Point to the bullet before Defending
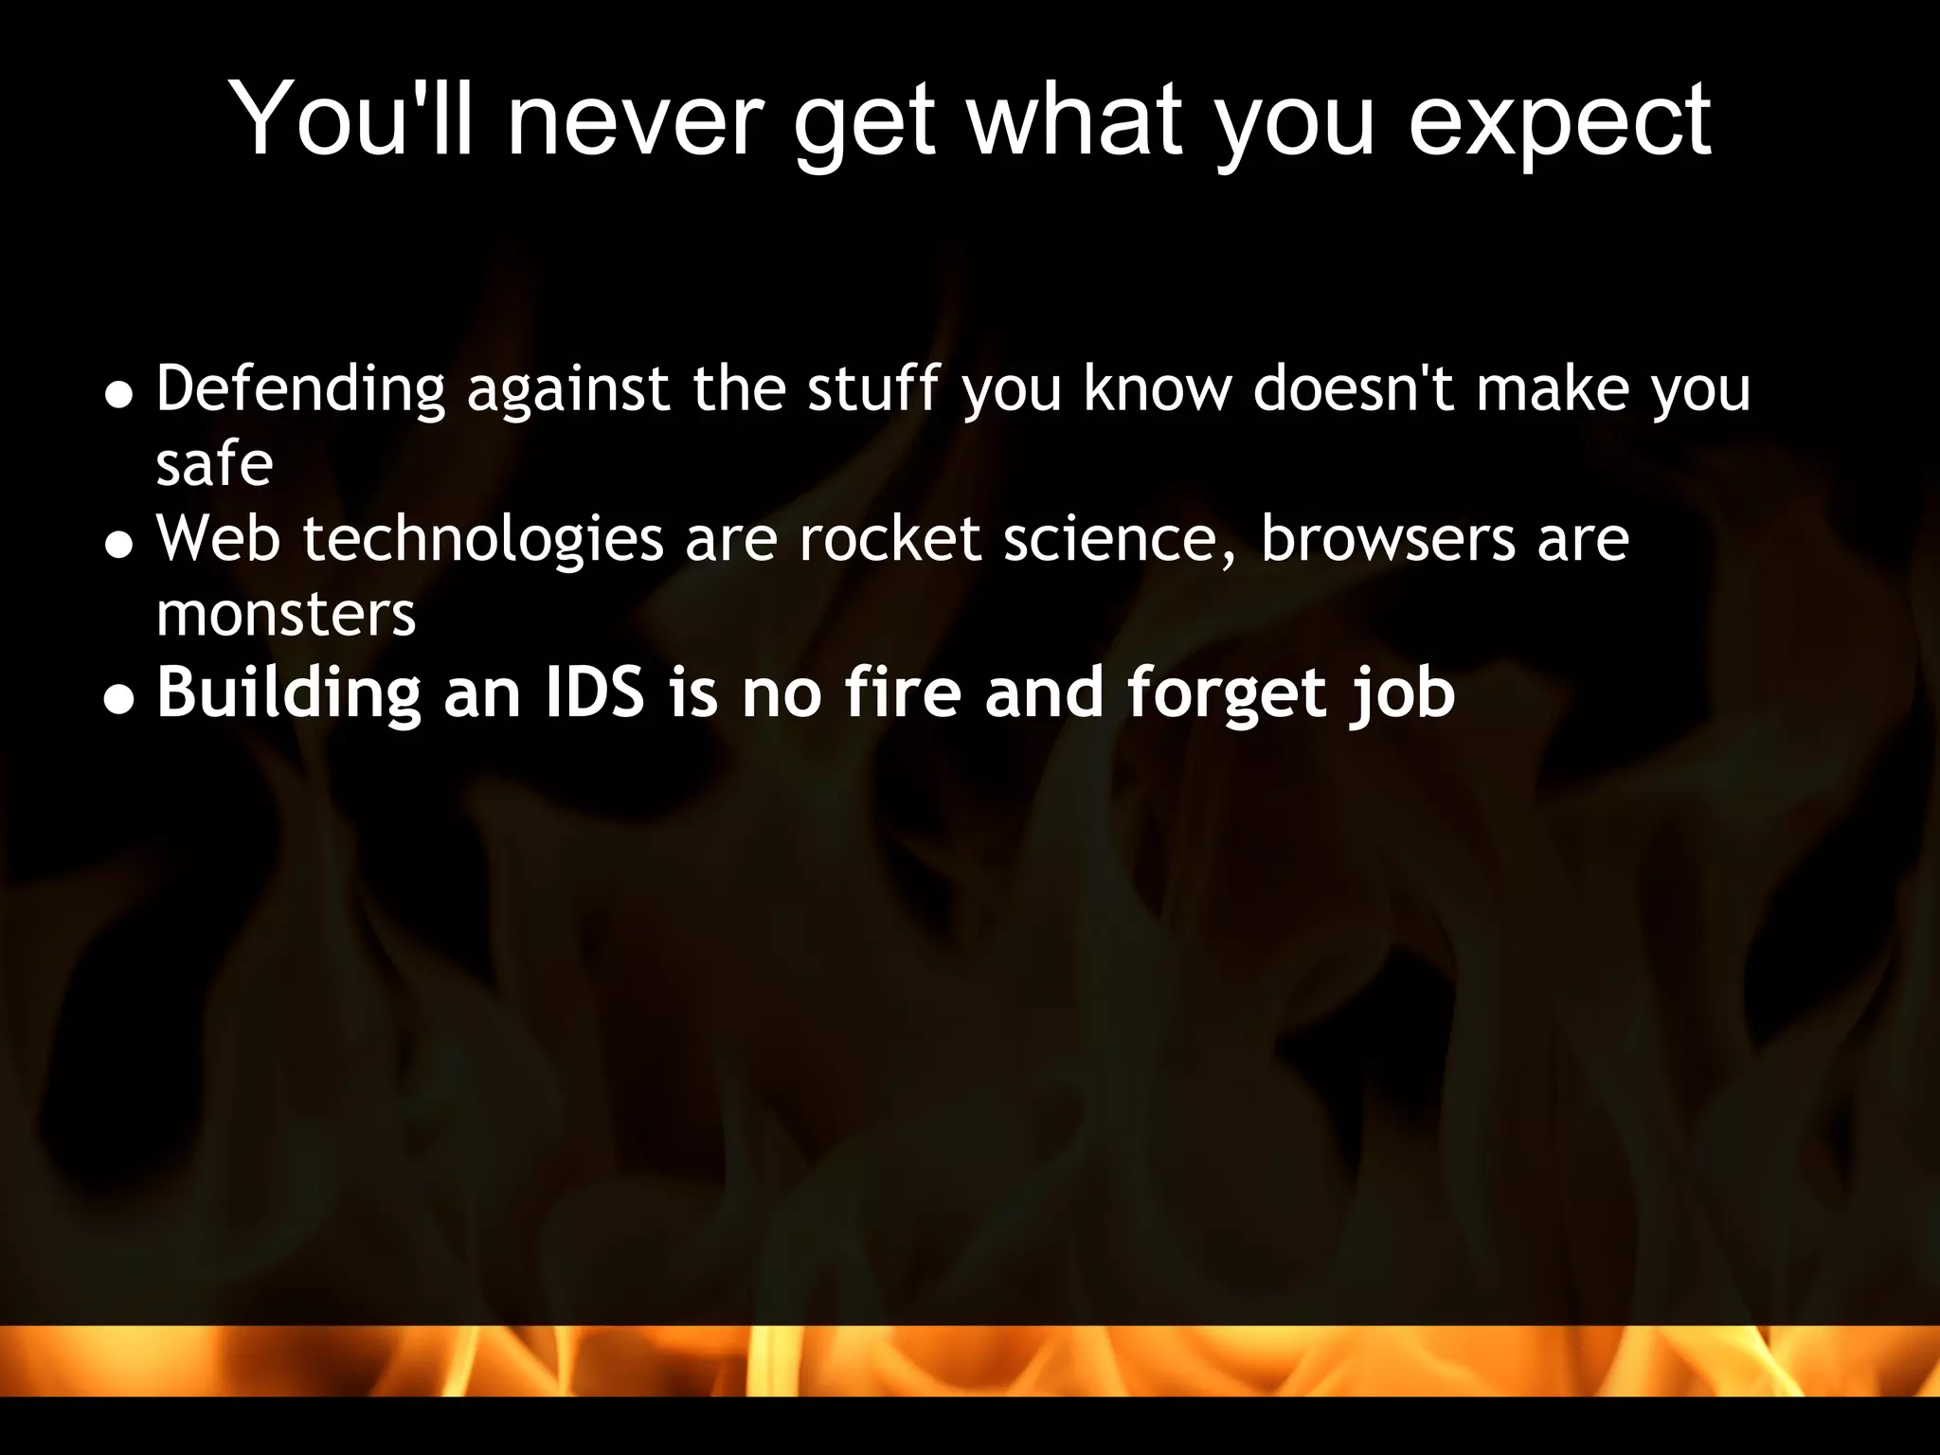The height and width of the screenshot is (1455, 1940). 118,395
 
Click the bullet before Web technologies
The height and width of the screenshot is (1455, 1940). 118,546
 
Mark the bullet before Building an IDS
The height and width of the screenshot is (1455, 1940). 118,699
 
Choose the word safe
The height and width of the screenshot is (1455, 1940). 214,464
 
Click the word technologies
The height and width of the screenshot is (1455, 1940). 483,540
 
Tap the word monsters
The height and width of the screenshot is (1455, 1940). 285,615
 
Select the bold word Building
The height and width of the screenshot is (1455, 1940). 288,694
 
